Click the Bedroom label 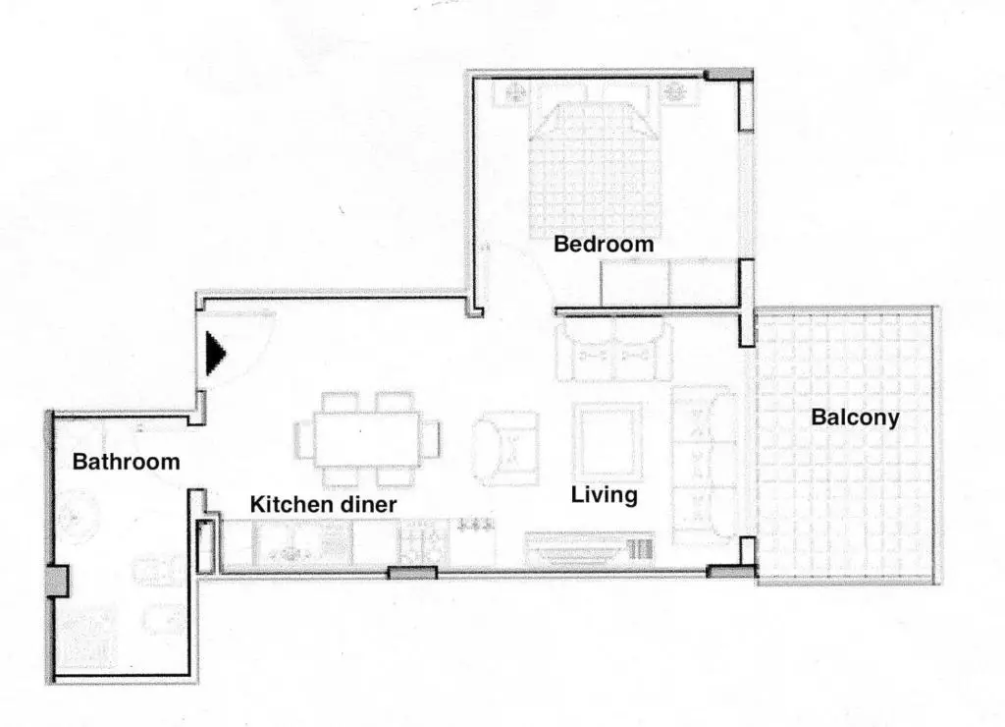[x=604, y=244]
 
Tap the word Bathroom [x=126, y=462]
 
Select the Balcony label [x=855, y=418]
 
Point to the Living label [x=604, y=495]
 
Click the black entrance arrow [x=215, y=354]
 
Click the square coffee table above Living [x=608, y=440]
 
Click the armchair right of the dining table [x=504, y=447]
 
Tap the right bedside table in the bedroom [x=675, y=93]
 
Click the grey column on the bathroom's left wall [x=56, y=582]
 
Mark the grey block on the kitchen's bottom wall [x=413, y=573]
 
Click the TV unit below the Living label [x=590, y=548]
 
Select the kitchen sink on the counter [x=287, y=545]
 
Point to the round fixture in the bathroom [x=77, y=516]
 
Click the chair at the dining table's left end [x=303, y=439]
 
